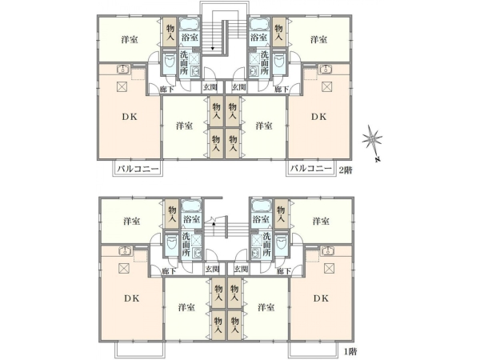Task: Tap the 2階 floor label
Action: (345, 170)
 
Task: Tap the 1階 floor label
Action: (350, 352)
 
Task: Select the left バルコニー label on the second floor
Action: (138, 169)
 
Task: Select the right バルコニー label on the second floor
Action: (311, 169)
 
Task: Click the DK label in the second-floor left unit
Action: (130, 117)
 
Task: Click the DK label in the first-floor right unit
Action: (321, 298)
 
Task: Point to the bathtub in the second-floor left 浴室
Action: (189, 24)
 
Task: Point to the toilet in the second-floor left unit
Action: (169, 62)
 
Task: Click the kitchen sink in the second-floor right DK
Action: (326, 69)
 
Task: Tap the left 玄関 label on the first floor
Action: (212, 269)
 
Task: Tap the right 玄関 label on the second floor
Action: (238, 87)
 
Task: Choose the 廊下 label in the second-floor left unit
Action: (167, 90)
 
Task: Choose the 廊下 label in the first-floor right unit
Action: (283, 271)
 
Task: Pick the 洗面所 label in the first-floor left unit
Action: (186, 244)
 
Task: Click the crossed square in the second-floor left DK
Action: (122, 86)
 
